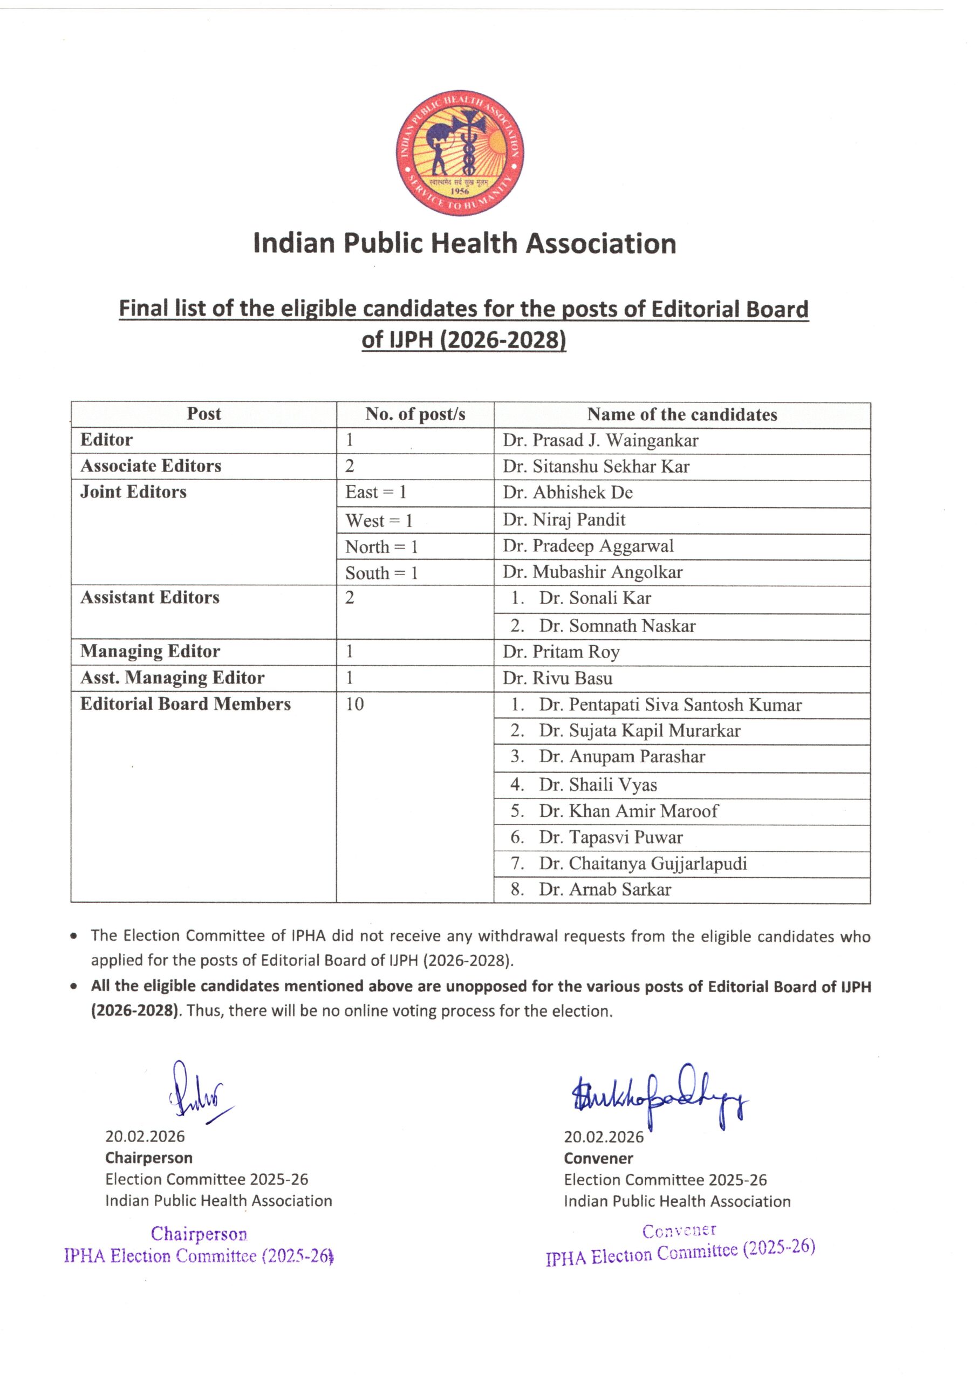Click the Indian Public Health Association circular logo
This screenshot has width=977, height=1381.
tap(460, 154)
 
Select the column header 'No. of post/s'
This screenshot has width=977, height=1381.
tap(415, 414)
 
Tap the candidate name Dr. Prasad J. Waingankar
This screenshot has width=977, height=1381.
tap(600, 440)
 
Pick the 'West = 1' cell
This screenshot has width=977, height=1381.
tap(379, 520)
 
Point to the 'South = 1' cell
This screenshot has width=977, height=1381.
tap(381, 572)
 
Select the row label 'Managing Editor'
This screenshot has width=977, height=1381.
tap(151, 652)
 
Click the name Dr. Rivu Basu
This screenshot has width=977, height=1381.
tap(558, 678)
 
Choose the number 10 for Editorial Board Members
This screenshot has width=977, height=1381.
tap(354, 704)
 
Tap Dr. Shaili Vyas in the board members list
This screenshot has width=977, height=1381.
tap(597, 784)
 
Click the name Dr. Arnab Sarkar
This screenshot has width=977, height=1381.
tap(604, 889)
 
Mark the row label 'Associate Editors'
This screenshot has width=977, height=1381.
tap(151, 466)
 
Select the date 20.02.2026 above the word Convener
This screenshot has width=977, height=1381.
tap(603, 1137)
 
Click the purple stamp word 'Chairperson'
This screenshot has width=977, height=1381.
tap(199, 1234)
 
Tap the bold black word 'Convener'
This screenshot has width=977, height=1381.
tap(598, 1158)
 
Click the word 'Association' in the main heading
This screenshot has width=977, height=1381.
tap(602, 244)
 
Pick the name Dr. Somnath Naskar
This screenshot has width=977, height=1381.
tap(617, 626)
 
